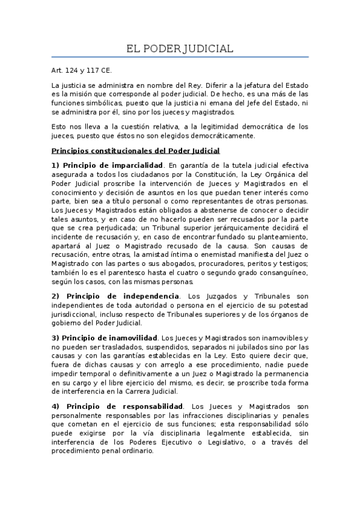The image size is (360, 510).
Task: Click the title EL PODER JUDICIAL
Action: point(180,48)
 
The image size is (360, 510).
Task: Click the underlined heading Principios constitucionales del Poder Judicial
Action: point(136,150)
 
